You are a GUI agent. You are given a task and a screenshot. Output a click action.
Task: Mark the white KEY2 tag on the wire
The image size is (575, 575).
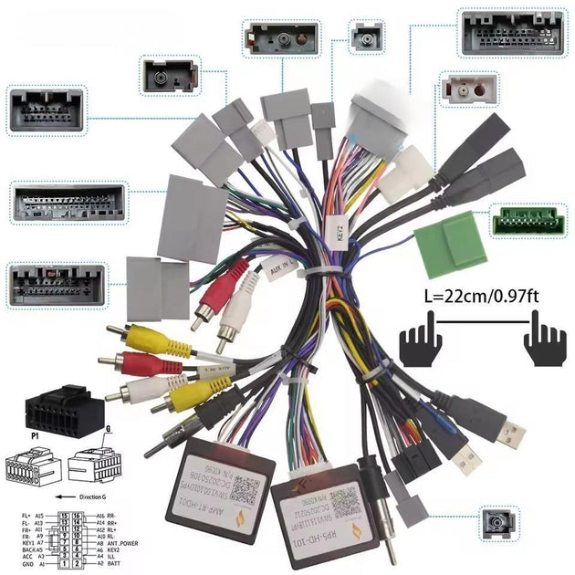click(x=335, y=223)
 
